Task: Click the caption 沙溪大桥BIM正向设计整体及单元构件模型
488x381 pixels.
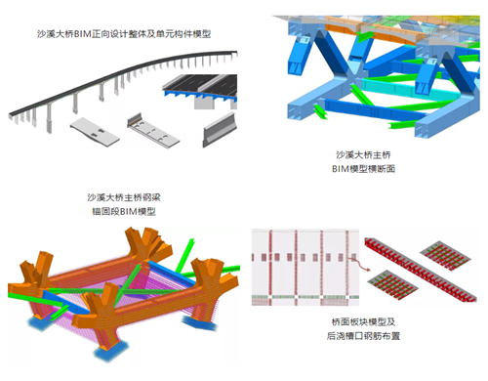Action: [124, 34]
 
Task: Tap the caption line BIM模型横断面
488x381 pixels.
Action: [363, 169]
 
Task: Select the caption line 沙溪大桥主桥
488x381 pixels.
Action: [363, 154]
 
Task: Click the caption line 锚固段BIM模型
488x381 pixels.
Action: [124, 212]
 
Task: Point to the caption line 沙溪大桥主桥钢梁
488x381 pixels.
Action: [124, 197]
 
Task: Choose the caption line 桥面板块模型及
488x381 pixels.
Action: [363, 322]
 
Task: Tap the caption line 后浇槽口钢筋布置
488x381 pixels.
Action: [363, 336]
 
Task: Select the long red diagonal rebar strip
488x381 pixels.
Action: [421, 270]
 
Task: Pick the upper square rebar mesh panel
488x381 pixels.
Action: [445, 256]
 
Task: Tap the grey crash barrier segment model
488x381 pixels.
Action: [219, 130]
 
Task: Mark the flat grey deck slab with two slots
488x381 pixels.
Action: [95, 132]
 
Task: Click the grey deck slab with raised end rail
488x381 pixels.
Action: [153, 131]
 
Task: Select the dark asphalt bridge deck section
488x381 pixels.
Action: [200, 85]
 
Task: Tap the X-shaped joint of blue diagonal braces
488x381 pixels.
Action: [353, 74]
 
